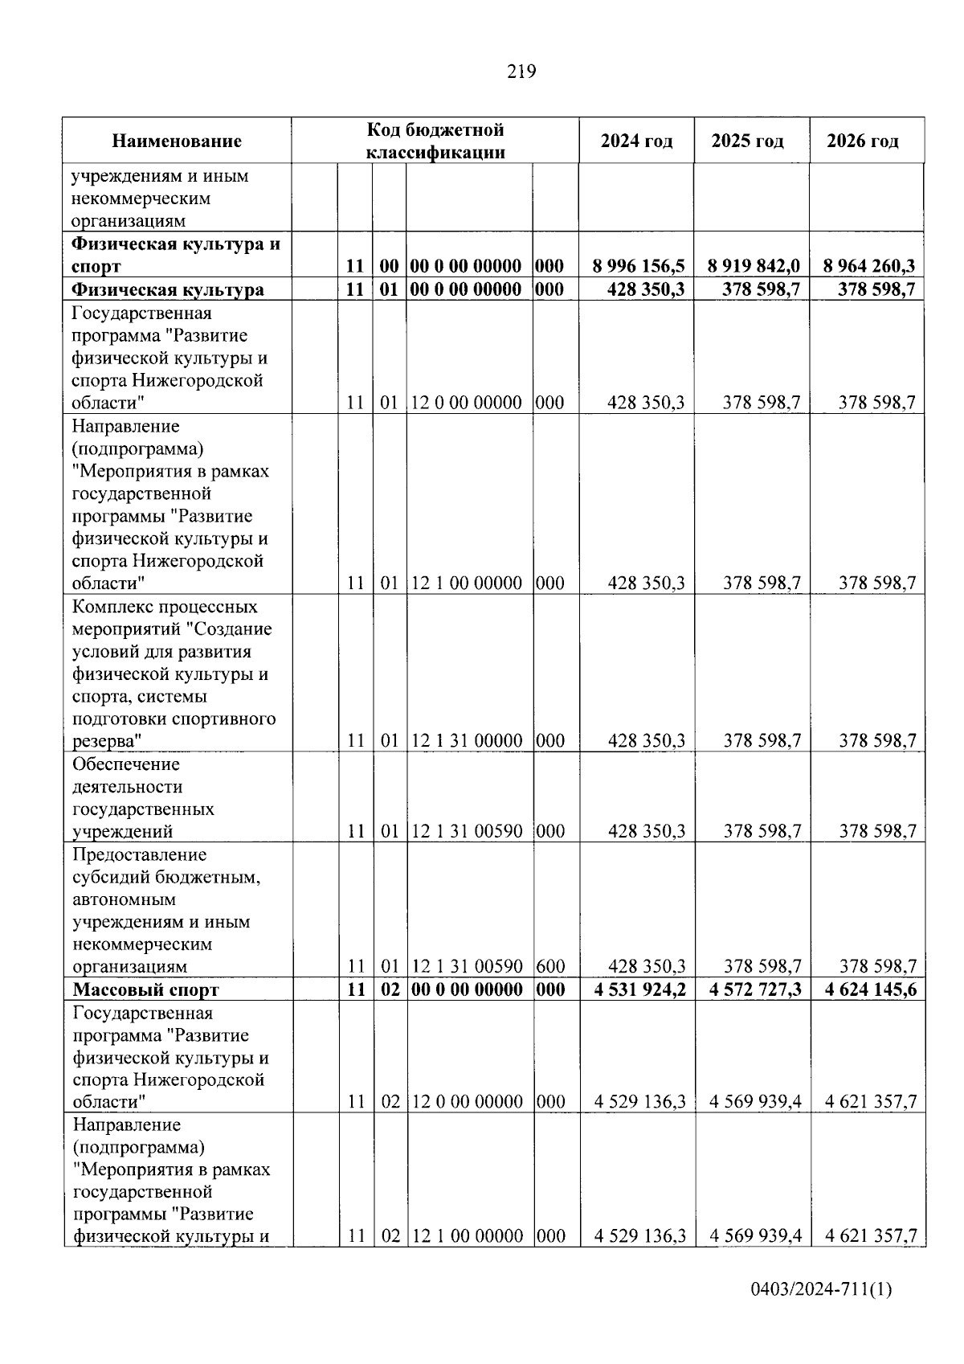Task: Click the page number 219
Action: coord(521,72)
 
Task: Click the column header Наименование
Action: coord(177,141)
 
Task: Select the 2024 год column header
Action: coord(636,141)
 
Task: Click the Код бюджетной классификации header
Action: coord(435,141)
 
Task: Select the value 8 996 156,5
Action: coord(639,267)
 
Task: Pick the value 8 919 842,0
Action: coord(754,267)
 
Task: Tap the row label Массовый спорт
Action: coord(145,989)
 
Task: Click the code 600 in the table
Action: coord(550,966)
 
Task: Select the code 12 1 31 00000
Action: coord(466,741)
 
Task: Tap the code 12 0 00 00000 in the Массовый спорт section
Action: coord(466,1102)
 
